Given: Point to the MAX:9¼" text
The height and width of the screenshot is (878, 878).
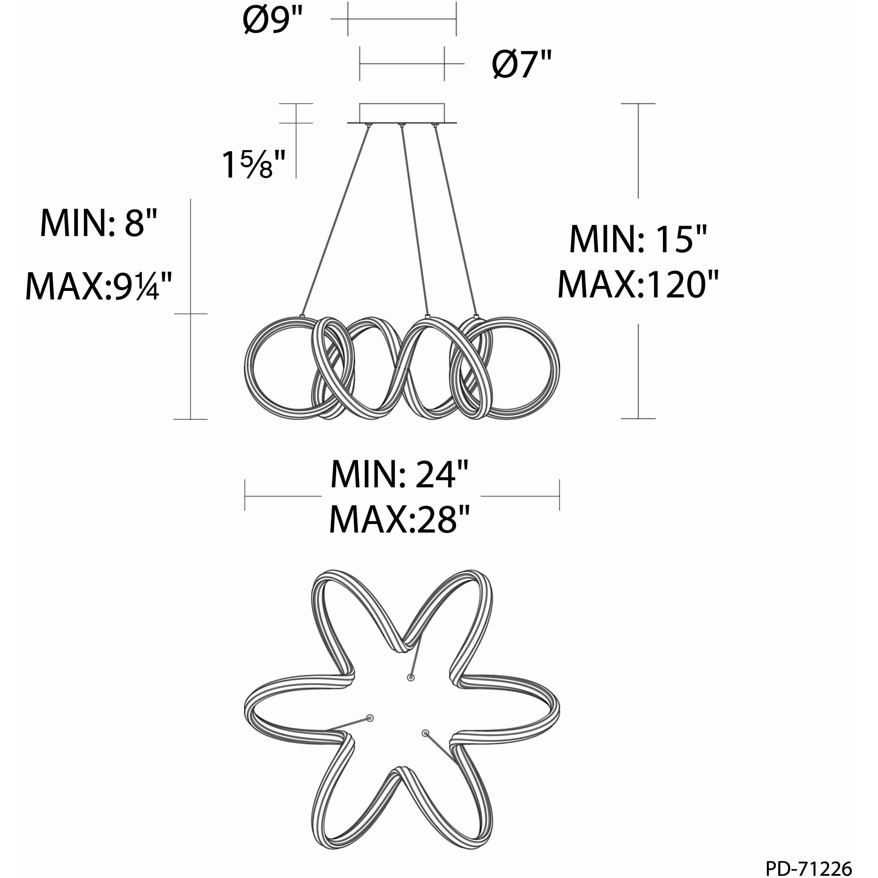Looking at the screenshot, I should pyautogui.click(x=99, y=285).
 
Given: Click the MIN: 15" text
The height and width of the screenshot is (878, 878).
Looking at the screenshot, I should pyautogui.click(x=638, y=239).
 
